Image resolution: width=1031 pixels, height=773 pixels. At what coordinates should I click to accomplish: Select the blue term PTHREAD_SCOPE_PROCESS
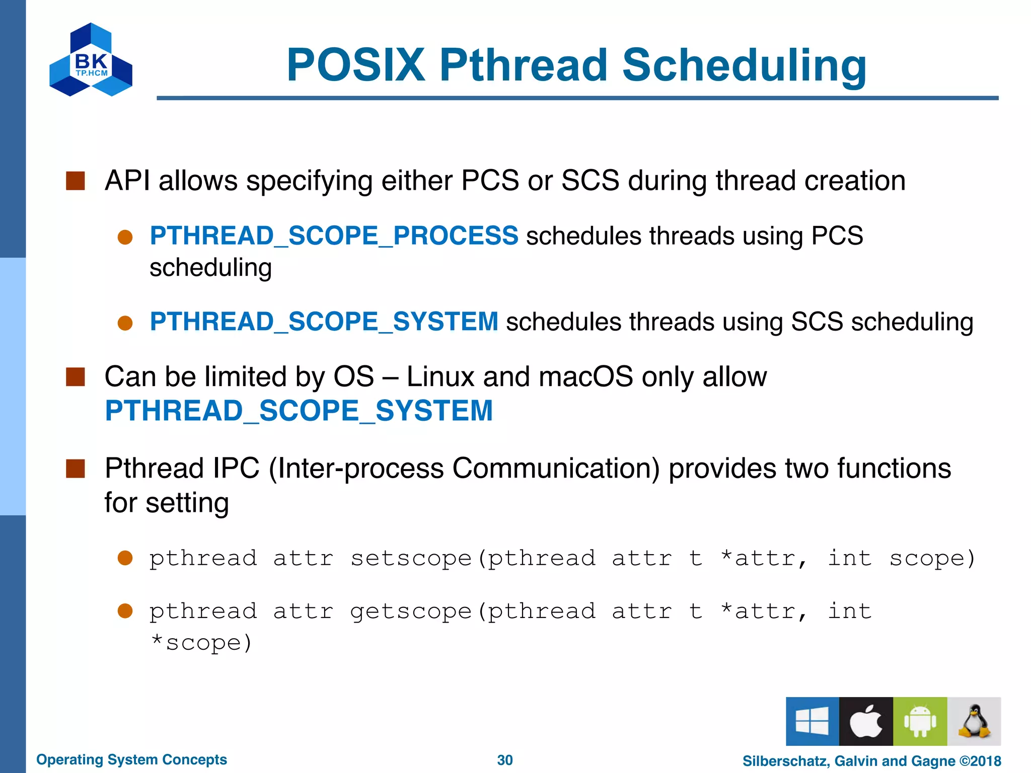334,236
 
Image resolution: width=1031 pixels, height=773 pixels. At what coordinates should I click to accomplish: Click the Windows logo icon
812,721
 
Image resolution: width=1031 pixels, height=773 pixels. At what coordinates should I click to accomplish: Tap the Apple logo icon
866,721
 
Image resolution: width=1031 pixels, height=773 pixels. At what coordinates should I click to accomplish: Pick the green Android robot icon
920,721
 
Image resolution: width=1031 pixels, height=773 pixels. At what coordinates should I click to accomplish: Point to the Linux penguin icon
974,721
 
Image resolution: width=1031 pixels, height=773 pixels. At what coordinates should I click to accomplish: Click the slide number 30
504,760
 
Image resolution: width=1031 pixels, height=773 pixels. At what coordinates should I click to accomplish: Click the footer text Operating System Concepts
131,759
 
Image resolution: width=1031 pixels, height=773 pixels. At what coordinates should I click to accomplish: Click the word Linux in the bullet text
440,376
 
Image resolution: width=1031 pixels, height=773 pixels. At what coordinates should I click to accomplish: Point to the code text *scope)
201,643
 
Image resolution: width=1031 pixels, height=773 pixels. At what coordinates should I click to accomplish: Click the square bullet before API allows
76,181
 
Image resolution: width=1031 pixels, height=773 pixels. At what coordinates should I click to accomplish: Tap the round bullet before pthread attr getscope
125,611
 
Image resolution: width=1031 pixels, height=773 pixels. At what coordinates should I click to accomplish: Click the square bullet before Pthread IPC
76,469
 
